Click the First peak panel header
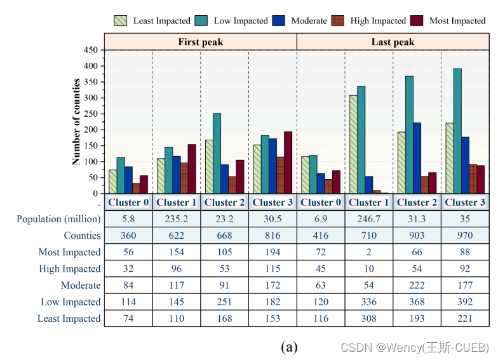point(200,42)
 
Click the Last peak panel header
point(393,42)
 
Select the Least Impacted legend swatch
point(121,21)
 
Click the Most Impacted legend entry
point(456,21)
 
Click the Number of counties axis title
point(77,121)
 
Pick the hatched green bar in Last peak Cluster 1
point(353,145)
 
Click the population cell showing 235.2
point(176,219)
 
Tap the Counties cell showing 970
point(465,236)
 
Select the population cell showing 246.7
point(369,219)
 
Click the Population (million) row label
point(58,219)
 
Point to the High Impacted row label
point(69,269)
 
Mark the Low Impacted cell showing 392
point(465,302)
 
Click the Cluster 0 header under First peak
point(128,203)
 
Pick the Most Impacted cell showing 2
point(369,252)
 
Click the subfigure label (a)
point(289,347)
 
